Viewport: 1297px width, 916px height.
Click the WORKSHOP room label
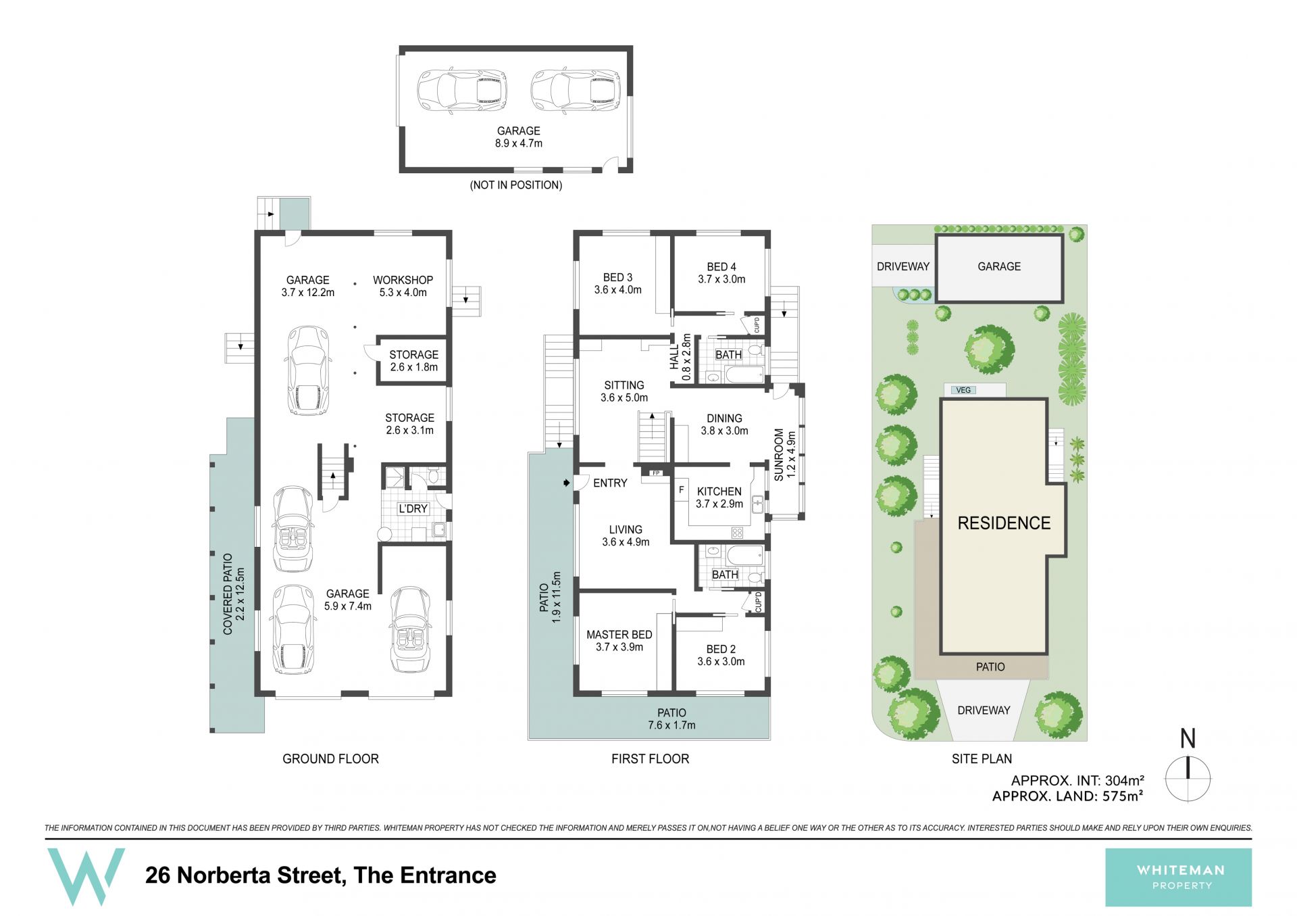[403, 280]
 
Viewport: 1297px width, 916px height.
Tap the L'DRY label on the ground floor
[413, 508]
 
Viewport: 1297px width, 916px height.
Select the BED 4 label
[721, 267]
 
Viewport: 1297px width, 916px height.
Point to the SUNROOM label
[779, 454]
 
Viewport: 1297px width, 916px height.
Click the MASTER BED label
[619, 635]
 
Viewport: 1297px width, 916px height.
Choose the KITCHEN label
[719, 491]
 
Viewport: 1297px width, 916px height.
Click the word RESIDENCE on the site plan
[1004, 523]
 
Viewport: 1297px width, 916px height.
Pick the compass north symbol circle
[1188, 779]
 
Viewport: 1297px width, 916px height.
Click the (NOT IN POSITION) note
[516, 185]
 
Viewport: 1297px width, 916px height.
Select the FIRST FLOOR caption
[650, 759]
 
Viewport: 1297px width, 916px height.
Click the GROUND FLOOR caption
[330, 759]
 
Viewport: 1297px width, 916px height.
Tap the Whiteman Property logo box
[1178, 877]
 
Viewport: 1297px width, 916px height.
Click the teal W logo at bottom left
[86, 877]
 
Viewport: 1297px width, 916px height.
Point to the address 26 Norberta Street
[244, 875]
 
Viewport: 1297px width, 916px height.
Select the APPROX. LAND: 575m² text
[1067, 796]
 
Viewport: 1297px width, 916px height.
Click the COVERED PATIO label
[228, 594]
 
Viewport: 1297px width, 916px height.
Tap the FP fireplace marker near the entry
[655, 473]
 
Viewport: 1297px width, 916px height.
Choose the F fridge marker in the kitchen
[682, 490]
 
